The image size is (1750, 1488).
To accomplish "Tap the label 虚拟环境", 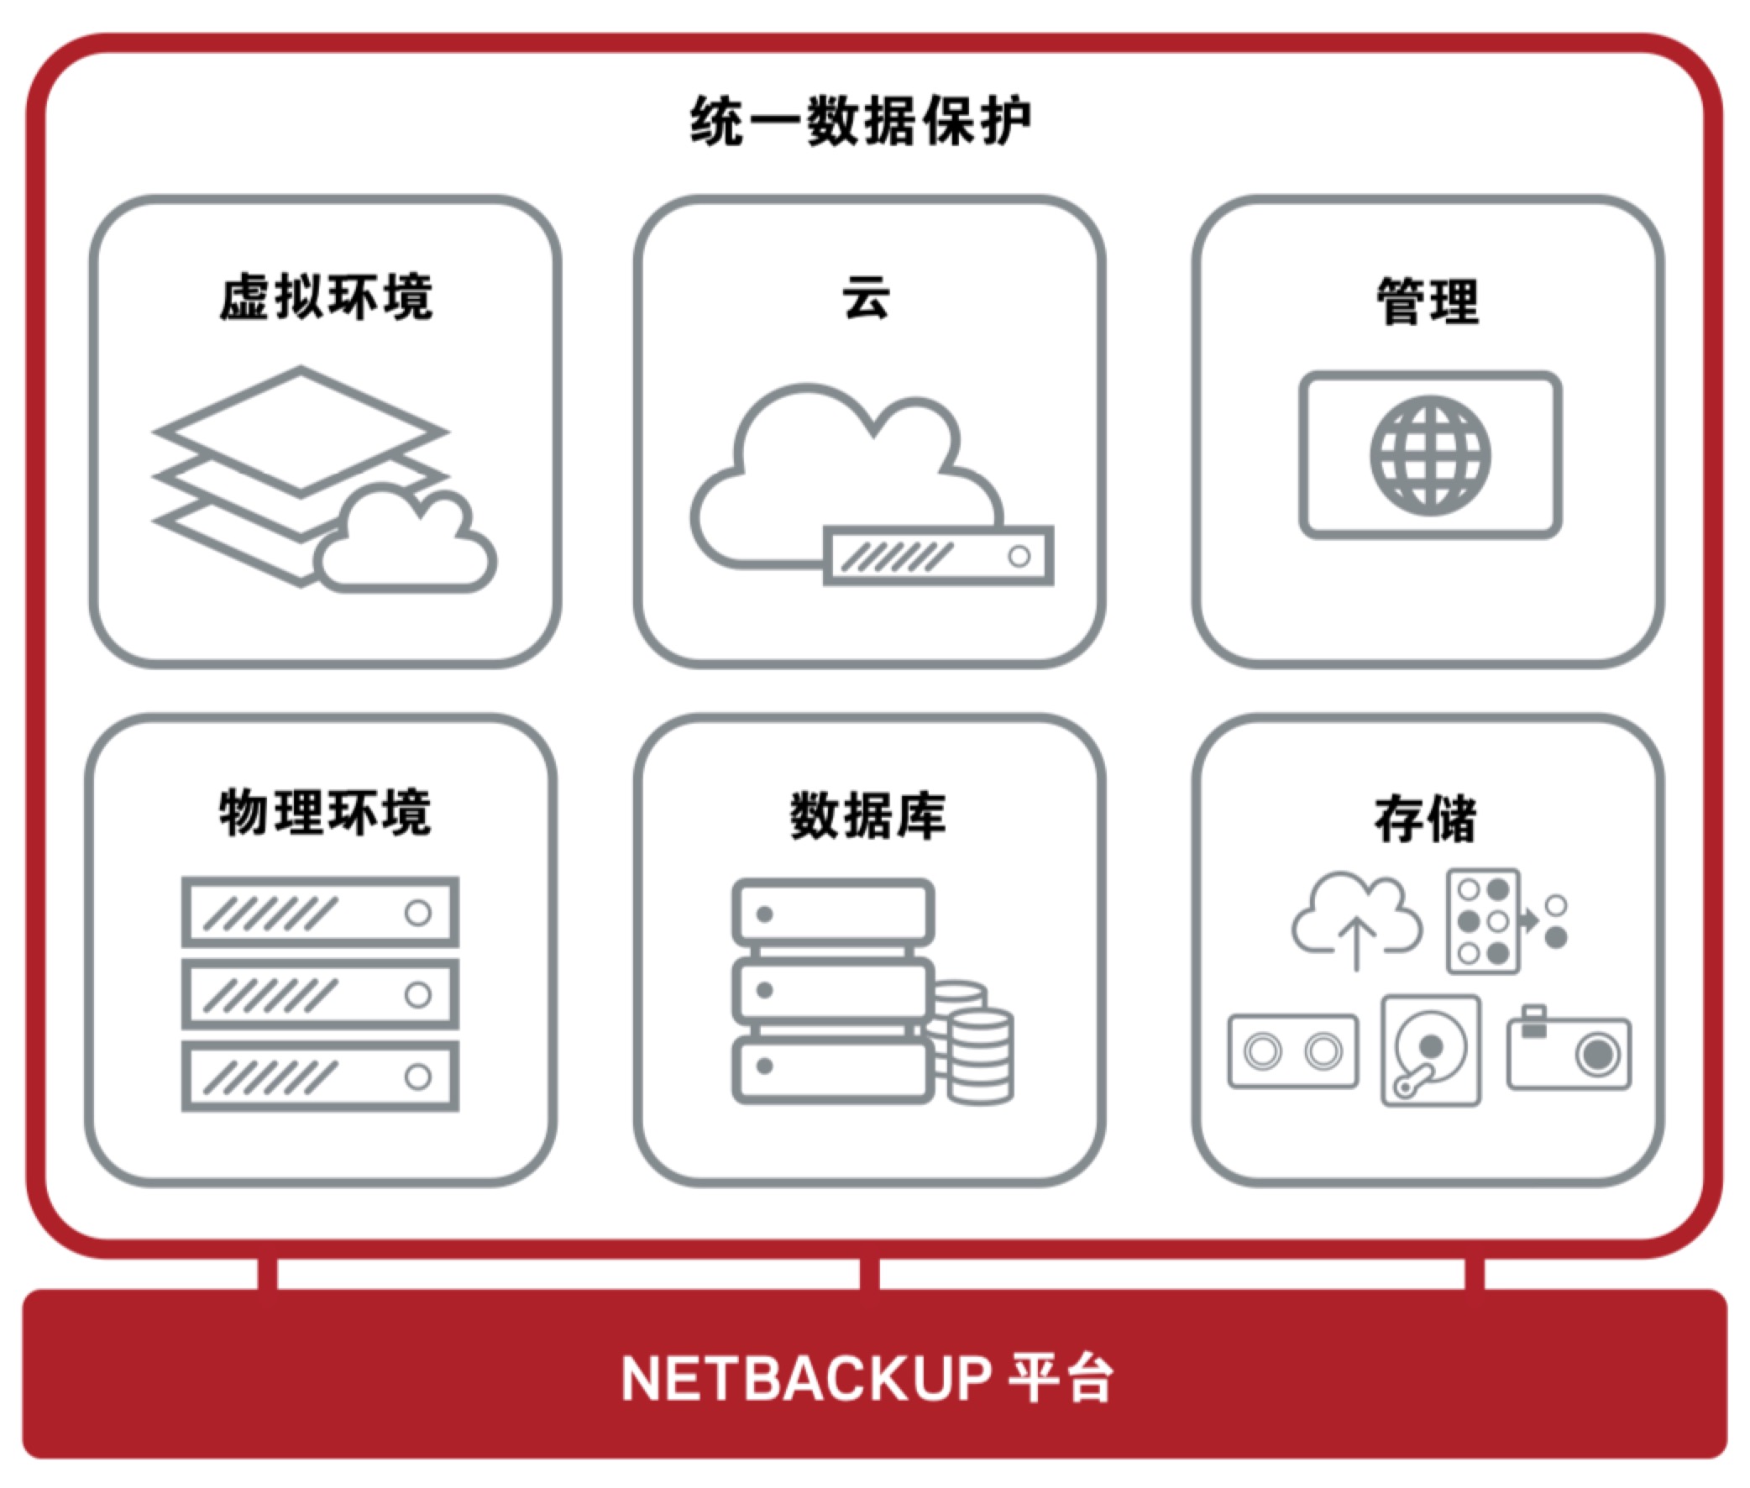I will click(327, 297).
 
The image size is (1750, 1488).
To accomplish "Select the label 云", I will click(866, 297).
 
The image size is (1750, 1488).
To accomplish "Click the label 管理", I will click(1427, 301).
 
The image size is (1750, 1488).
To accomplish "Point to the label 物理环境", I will click(326, 813).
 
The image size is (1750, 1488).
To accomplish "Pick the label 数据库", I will click(867, 816).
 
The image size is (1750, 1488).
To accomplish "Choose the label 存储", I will click(1425, 819).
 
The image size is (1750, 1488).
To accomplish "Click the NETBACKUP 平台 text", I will click(867, 1379).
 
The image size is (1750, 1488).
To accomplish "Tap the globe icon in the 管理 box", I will click(1430, 455).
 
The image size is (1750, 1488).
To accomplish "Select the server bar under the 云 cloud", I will click(938, 556).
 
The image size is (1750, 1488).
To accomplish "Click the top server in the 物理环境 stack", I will click(321, 912).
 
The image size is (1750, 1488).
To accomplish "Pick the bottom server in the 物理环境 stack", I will click(321, 1077).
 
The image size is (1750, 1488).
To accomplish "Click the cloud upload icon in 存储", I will click(1356, 920).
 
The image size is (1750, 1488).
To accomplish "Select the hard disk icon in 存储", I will click(1431, 1051).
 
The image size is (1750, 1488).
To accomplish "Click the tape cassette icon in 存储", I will click(1293, 1051).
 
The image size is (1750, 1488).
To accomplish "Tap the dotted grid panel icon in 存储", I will click(1484, 921).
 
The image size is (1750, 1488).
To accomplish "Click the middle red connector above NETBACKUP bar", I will click(868, 1273).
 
